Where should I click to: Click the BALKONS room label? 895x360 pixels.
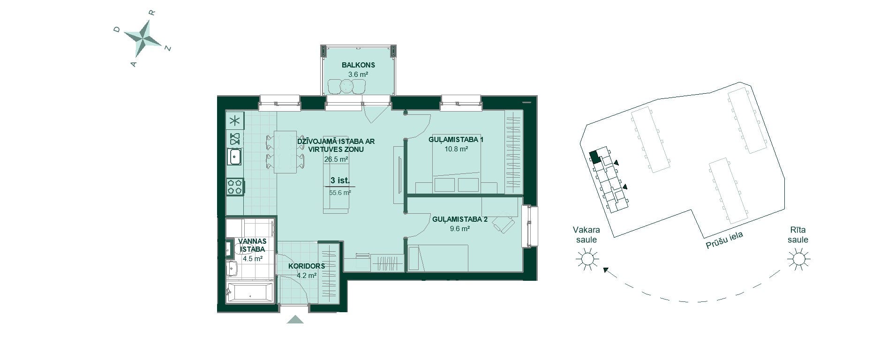(358, 65)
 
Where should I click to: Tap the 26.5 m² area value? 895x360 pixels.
(336, 159)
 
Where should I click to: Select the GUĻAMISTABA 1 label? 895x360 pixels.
(456, 140)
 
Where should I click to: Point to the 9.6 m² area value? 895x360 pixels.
(459, 229)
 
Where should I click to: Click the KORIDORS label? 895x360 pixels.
(307, 266)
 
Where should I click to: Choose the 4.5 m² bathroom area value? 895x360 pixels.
(252, 258)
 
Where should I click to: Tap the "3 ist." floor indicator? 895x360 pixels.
(340, 180)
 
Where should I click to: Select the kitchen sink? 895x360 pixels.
(234, 157)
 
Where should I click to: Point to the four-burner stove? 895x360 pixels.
(234, 187)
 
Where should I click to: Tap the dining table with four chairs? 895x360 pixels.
(286, 151)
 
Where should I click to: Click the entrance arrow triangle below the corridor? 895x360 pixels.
(295, 319)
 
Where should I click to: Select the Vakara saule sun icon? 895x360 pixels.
(587, 259)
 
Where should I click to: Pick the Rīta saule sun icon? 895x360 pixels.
(798, 259)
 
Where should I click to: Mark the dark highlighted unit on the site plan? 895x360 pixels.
(594, 157)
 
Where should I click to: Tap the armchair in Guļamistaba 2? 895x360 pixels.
(503, 224)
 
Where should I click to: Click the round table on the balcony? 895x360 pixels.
(346, 86)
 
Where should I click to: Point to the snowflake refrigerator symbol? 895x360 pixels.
(234, 121)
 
